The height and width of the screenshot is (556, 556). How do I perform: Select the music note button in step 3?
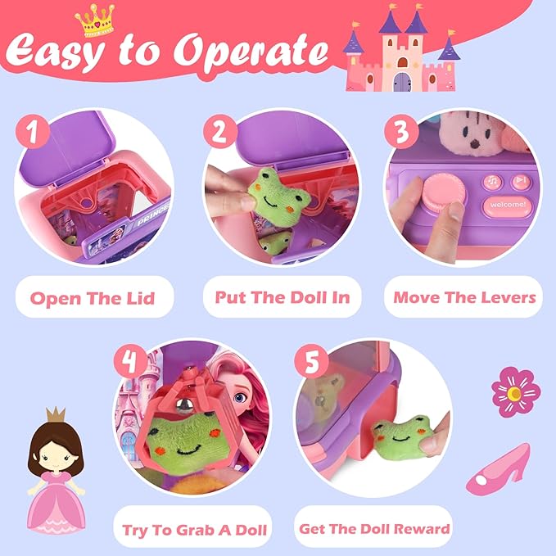493,182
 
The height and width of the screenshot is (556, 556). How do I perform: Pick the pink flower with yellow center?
515,391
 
